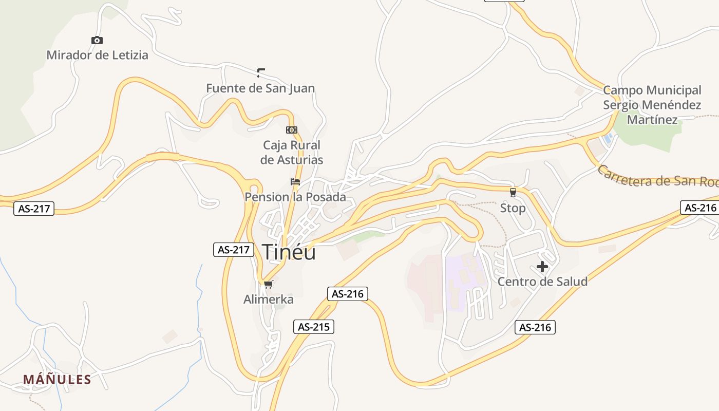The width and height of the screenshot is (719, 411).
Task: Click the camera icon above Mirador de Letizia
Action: click(x=97, y=41)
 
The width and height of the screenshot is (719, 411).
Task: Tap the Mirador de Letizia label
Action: click(x=97, y=55)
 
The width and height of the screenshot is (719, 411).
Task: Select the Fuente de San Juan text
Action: click(x=260, y=88)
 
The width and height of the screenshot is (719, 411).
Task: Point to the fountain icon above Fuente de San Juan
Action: click(x=261, y=72)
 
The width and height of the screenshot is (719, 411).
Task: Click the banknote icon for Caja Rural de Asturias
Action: click(x=292, y=130)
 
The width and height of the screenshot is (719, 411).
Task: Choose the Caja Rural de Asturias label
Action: click(x=292, y=153)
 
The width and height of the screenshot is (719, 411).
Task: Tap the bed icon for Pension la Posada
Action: click(x=295, y=182)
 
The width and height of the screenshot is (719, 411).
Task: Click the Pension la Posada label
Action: click(x=295, y=197)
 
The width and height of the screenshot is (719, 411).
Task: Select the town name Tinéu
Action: click(x=289, y=252)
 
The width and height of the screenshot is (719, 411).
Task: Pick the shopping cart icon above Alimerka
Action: click(x=268, y=284)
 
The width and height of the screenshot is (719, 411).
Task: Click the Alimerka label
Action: click(x=269, y=299)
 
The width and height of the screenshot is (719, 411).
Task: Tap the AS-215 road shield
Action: click(x=314, y=326)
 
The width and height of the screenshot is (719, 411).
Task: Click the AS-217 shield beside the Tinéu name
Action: click(x=234, y=250)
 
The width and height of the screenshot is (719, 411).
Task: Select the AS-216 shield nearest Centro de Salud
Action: click(x=535, y=327)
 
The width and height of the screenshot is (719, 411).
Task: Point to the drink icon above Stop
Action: click(x=513, y=193)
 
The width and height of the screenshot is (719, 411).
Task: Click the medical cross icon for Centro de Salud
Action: click(x=542, y=267)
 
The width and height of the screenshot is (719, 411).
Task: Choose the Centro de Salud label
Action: click(x=542, y=282)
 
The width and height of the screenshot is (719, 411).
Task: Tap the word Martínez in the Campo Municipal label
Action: click(x=652, y=120)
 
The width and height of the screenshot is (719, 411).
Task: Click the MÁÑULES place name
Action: click(x=57, y=380)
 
